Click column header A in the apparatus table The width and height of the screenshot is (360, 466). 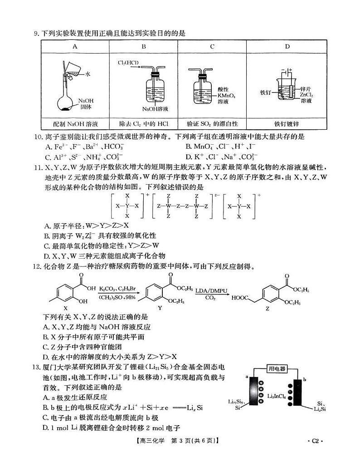click(x=75, y=46)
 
